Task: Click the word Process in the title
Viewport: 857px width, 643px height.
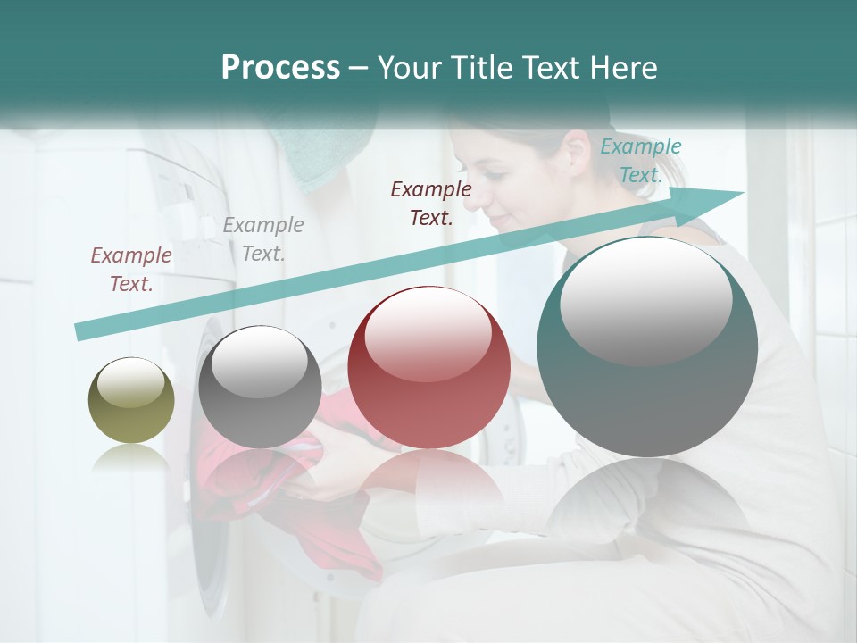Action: tap(280, 68)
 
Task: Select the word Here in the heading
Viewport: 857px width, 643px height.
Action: tap(623, 68)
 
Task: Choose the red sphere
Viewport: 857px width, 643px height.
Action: tap(428, 368)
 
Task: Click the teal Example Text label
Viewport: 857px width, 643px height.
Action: tap(640, 161)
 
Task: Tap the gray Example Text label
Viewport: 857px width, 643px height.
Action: tap(262, 239)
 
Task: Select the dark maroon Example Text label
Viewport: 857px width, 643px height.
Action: tap(431, 203)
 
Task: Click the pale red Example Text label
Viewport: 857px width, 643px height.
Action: tap(131, 270)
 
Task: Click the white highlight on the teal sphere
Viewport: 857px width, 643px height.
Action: tap(645, 300)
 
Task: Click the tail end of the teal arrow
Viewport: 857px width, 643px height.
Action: tap(79, 332)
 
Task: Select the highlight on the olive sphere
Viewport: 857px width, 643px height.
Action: tap(131, 383)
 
